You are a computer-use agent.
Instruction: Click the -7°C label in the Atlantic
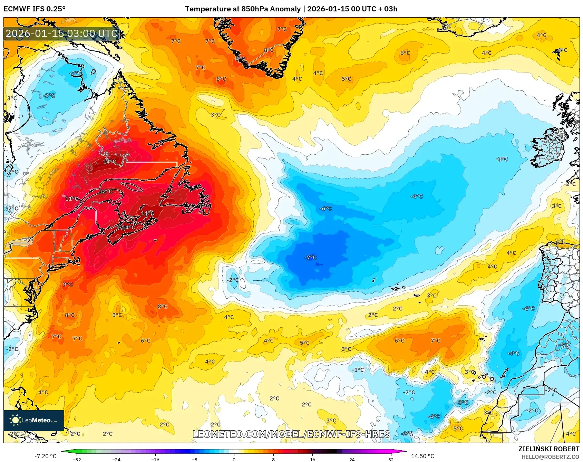pos(310,258)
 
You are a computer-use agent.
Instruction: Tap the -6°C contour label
pos(325,209)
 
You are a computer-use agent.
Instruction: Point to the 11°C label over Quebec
pos(72,199)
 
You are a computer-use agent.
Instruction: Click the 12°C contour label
pos(106,192)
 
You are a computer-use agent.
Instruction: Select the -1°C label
pos(358,370)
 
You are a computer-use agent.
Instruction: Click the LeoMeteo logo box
pos(34,420)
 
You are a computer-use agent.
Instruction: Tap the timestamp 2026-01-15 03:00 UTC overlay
pos(61,33)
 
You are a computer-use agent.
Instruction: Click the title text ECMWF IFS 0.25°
pos(35,9)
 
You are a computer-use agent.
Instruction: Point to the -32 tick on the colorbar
pos(77,459)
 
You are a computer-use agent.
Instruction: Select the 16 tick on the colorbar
pos(312,459)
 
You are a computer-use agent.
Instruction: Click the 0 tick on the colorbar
pos(234,459)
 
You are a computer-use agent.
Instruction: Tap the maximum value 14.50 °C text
pos(422,456)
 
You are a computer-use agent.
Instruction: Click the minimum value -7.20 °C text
pos(45,456)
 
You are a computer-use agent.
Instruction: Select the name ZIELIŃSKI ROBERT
pos(548,449)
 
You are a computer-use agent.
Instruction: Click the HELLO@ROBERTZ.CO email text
pos(550,457)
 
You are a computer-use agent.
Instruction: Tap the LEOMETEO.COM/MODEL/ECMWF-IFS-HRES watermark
pos(291,434)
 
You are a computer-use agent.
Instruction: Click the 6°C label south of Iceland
pos(405,53)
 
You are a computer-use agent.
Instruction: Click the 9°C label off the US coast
pos(68,285)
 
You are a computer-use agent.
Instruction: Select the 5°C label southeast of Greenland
pos(346,79)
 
